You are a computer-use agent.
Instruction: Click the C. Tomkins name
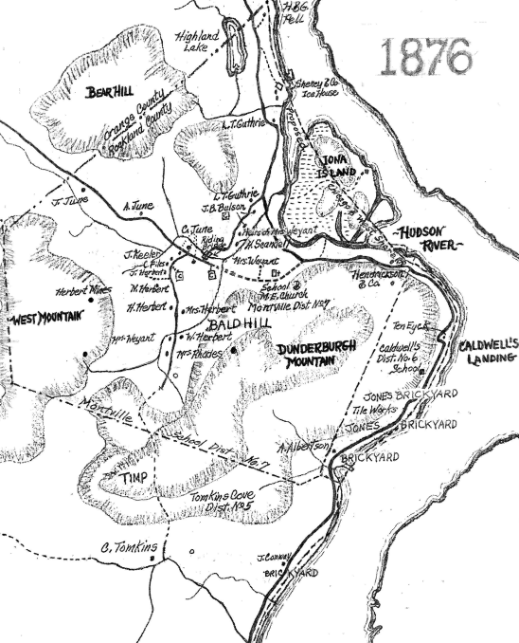click(x=129, y=546)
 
